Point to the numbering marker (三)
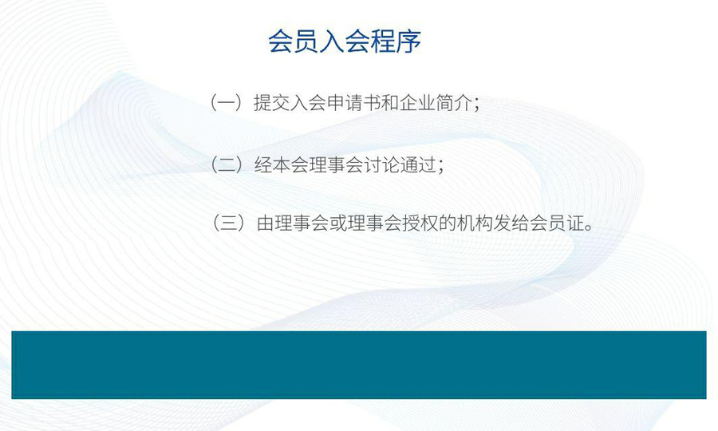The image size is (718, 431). pos(227,223)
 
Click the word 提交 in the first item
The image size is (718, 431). pos(271,103)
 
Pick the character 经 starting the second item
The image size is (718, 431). pos(263,165)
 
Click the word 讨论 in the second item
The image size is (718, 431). pos(381,165)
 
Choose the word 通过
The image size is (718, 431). pos(418,165)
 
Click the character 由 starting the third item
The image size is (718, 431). pos(266,223)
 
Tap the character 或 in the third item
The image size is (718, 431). pos(338,223)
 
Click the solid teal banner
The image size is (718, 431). pos(359,365)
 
